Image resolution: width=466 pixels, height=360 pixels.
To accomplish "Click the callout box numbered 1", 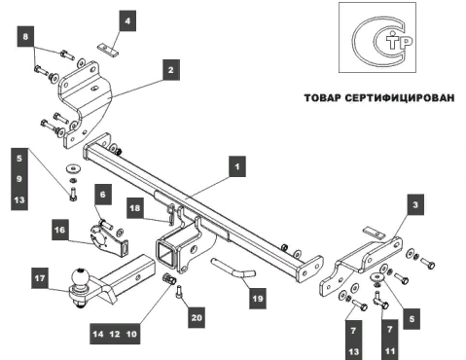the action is [x=237, y=166].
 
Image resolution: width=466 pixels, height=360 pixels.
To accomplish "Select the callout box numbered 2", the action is [x=171, y=70].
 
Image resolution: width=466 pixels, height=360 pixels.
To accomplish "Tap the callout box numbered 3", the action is [x=415, y=204].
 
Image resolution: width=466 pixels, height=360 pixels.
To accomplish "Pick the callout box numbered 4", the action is [x=127, y=20].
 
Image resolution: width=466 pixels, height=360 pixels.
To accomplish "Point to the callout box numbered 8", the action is [x=25, y=36].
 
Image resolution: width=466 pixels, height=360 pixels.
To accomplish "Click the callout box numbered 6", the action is [x=103, y=195].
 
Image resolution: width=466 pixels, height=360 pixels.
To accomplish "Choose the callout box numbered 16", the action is [x=60, y=230].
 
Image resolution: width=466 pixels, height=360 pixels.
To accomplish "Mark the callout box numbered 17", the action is [x=40, y=278].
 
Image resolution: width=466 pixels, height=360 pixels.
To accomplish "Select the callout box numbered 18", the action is [x=135, y=207].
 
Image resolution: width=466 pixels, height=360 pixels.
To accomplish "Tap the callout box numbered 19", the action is [x=258, y=299].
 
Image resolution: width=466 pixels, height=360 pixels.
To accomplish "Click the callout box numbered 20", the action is [x=197, y=317].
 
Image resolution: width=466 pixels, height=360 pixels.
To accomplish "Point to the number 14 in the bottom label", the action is [x=98, y=334].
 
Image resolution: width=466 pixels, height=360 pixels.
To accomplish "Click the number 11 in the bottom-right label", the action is [x=390, y=351].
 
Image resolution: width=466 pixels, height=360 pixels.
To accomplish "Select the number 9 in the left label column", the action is [x=19, y=179].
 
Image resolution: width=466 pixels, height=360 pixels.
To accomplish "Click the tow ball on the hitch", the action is [x=80, y=276].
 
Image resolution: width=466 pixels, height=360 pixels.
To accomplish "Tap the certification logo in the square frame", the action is [x=377, y=38].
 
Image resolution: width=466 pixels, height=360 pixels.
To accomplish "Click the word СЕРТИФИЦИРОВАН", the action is [x=399, y=98].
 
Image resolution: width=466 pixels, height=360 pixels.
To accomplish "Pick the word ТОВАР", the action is [x=322, y=98].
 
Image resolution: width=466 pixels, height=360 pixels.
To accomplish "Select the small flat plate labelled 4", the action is [x=108, y=50].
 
